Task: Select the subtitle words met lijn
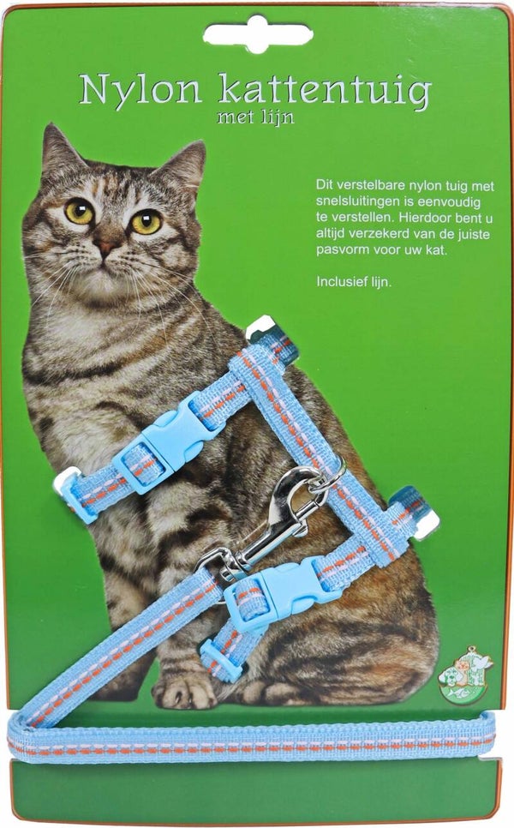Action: pos(255,118)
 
